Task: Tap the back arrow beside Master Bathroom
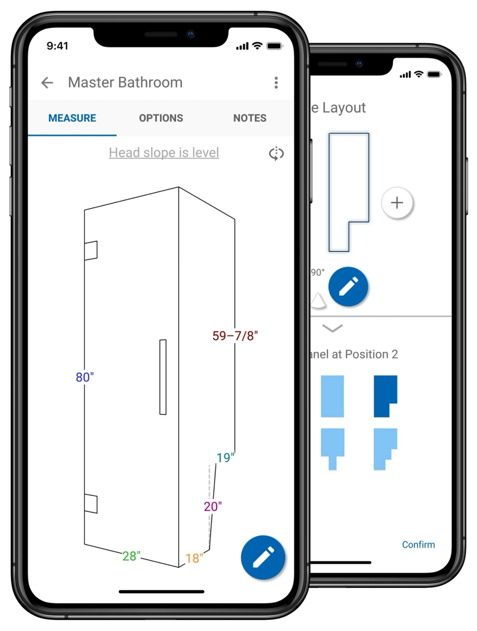pyautogui.click(x=47, y=83)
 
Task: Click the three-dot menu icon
pyautogui.click(x=276, y=83)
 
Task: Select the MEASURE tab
pyautogui.click(x=72, y=118)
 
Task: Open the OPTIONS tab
pyautogui.click(x=161, y=118)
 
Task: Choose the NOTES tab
pyautogui.click(x=250, y=118)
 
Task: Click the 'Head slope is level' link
pyautogui.click(x=164, y=153)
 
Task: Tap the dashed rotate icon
pyautogui.click(x=276, y=154)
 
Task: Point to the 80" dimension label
pyautogui.click(x=85, y=377)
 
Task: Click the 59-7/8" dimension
pyautogui.click(x=235, y=336)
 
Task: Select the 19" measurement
pyautogui.click(x=225, y=457)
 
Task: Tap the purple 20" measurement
pyautogui.click(x=212, y=506)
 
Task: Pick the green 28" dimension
pyautogui.click(x=131, y=556)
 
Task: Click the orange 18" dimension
pyautogui.click(x=194, y=558)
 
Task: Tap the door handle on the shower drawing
pyautogui.click(x=163, y=377)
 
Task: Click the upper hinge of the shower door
pyautogui.click(x=91, y=250)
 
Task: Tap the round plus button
pyautogui.click(x=397, y=203)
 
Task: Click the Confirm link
pyautogui.click(x=418, y=544)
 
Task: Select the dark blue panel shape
pyautogui.click(x=385, y=396)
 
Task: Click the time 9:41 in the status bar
pyautogui.click(x=57, y=46)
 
